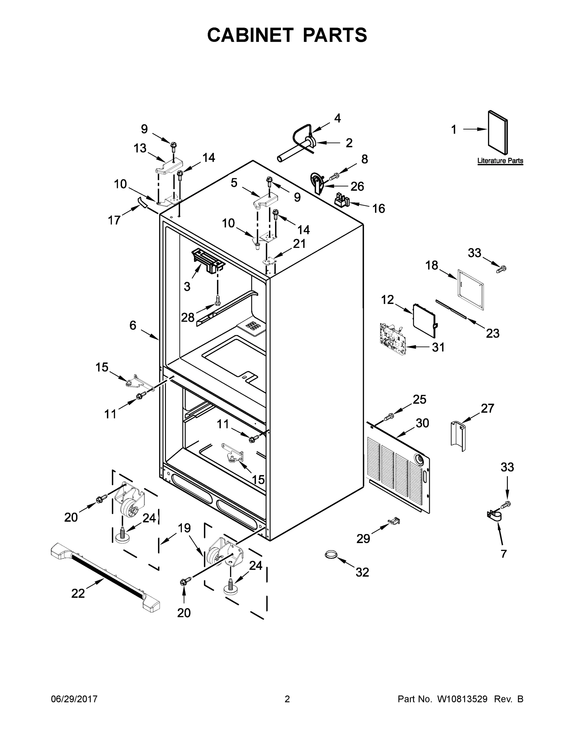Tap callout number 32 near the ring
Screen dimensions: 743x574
pyautogui.click(x=362, y=572)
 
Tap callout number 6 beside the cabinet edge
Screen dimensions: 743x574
pyautogui.click(x=133, y=326)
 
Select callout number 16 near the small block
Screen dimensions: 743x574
pyautogui.click(x=378, y=208)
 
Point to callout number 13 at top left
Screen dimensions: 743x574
pyautogui.click(x=140, y=148)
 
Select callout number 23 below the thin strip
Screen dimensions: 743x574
pyautogui.click(x=492, y=333)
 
